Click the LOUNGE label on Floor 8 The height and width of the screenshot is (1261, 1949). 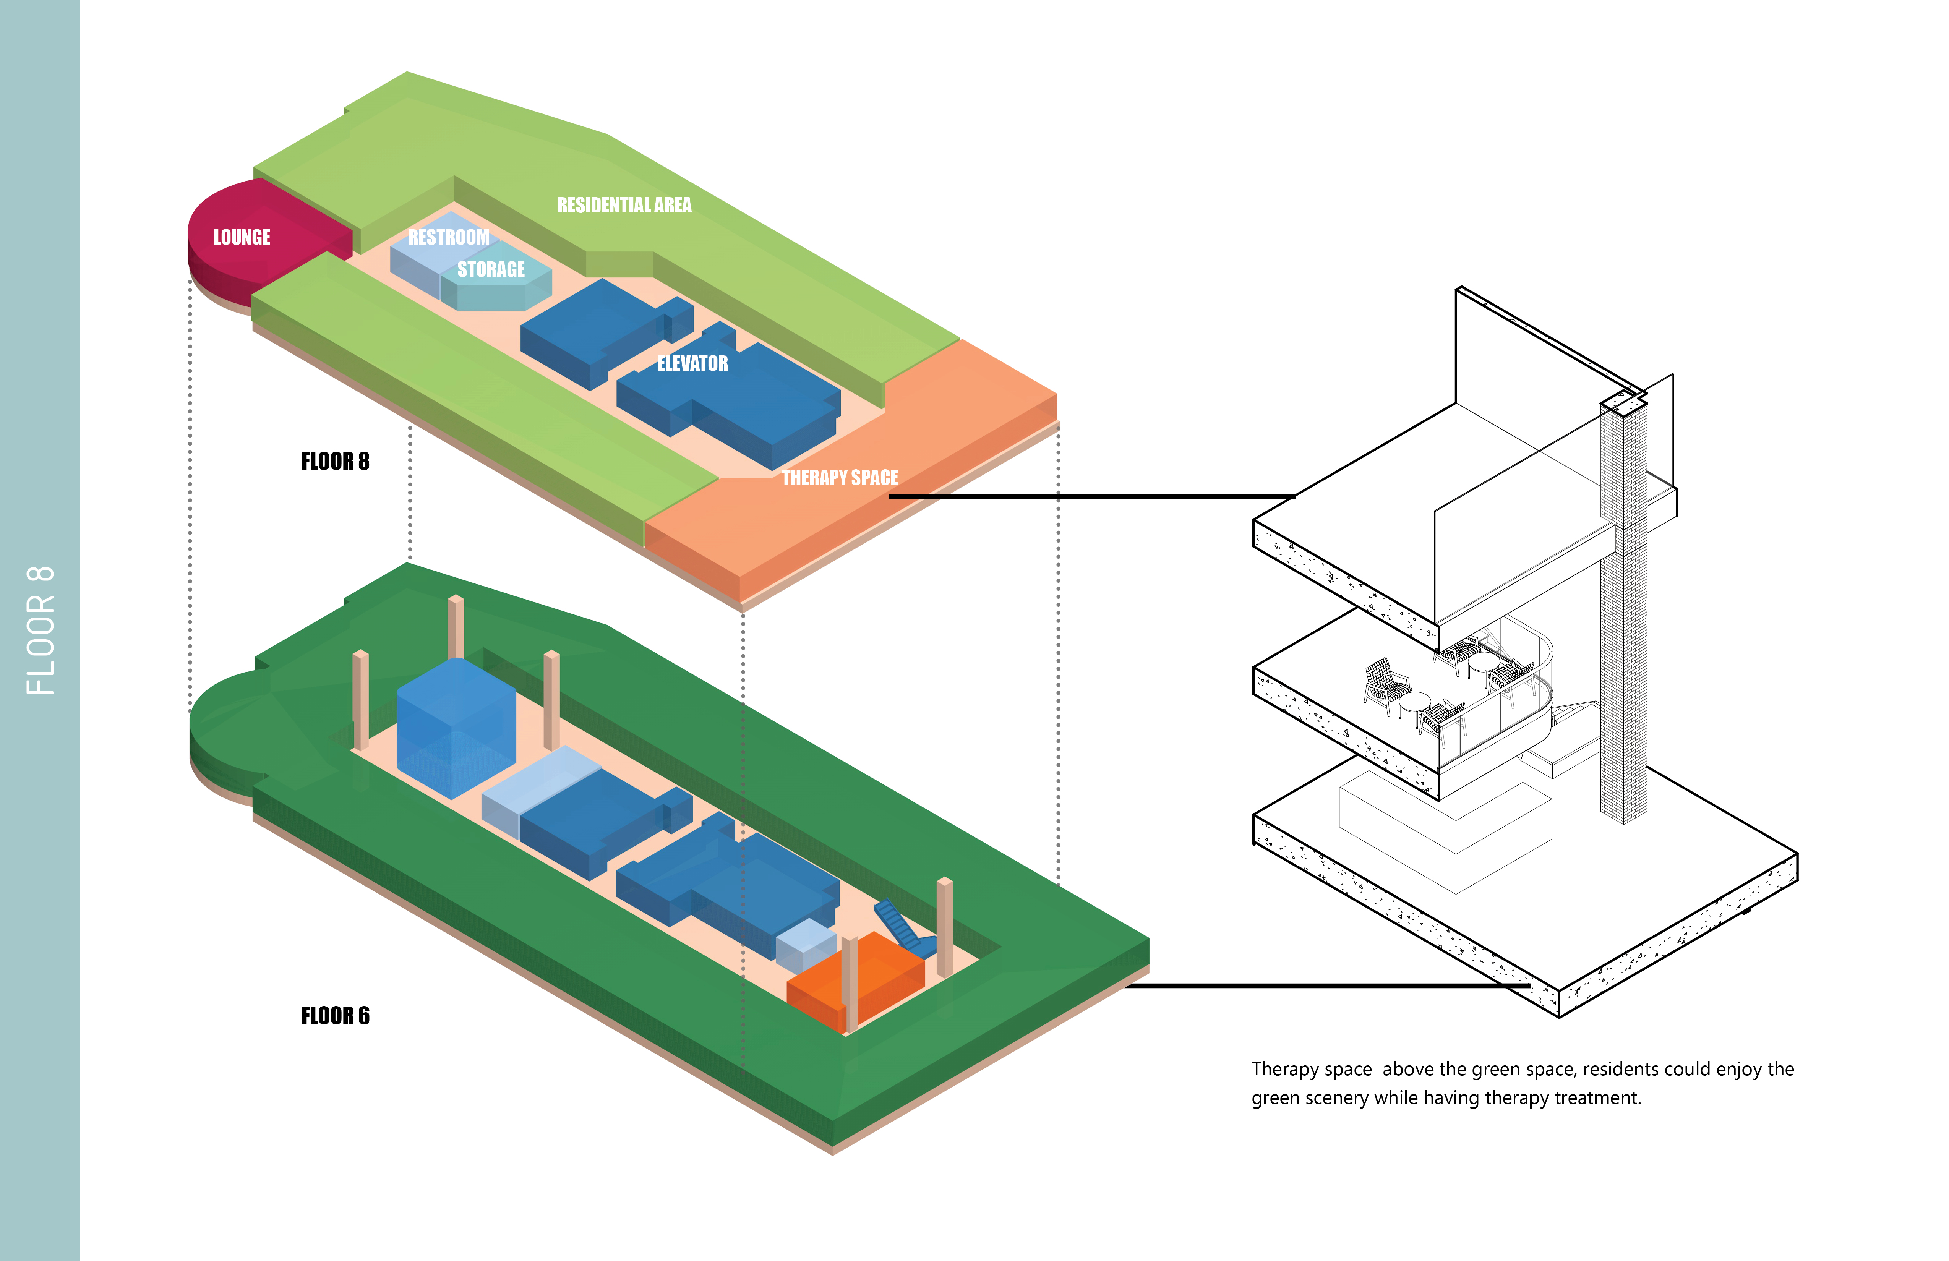pos(242,237)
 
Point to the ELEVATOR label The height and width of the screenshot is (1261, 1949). pos(692,363)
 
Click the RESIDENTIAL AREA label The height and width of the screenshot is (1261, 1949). pos(624,205)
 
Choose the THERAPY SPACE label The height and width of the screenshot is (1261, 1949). pos(839,477)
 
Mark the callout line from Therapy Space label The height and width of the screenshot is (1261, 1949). pos(1089,495)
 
